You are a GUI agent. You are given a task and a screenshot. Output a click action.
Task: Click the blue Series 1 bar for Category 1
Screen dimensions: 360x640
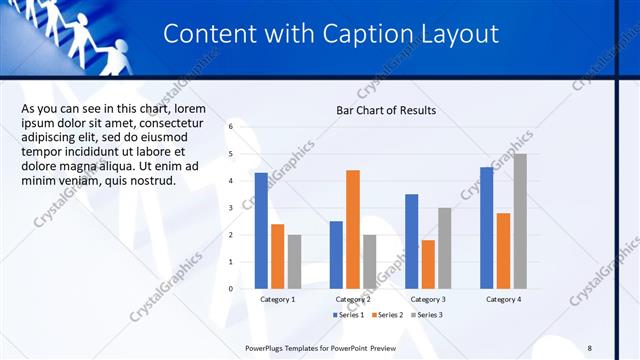pos(261,230)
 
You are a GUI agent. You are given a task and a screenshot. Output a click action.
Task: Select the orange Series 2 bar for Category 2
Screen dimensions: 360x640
pos(353,229)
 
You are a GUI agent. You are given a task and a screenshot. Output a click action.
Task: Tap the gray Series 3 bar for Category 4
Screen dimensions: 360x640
pos(520,221)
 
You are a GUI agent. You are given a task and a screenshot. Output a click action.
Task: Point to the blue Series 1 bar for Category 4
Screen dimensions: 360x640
pos(487,227)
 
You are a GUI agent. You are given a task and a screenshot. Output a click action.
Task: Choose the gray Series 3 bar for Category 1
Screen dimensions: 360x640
pos(294,261)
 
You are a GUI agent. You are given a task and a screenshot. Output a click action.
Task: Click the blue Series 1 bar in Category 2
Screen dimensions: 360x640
pos(336,255)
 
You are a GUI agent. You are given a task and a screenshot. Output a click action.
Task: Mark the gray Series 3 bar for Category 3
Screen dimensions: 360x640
pos(445,248)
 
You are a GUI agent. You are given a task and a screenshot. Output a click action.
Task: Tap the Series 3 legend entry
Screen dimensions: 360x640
pos(426,315)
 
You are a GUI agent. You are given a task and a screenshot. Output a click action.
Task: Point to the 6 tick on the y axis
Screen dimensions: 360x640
pos(230,127)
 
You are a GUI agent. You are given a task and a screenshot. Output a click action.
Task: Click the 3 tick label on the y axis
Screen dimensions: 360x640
pos(230,208)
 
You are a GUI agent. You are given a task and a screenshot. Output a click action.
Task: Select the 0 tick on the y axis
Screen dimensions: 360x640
pos(230,289)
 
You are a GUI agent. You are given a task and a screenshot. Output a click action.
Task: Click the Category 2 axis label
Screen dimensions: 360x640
pos(353,300)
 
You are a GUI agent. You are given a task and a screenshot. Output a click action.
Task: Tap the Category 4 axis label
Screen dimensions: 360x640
pos(503,300)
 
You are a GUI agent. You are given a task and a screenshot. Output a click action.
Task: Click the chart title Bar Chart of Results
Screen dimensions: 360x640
pos(385,110)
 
